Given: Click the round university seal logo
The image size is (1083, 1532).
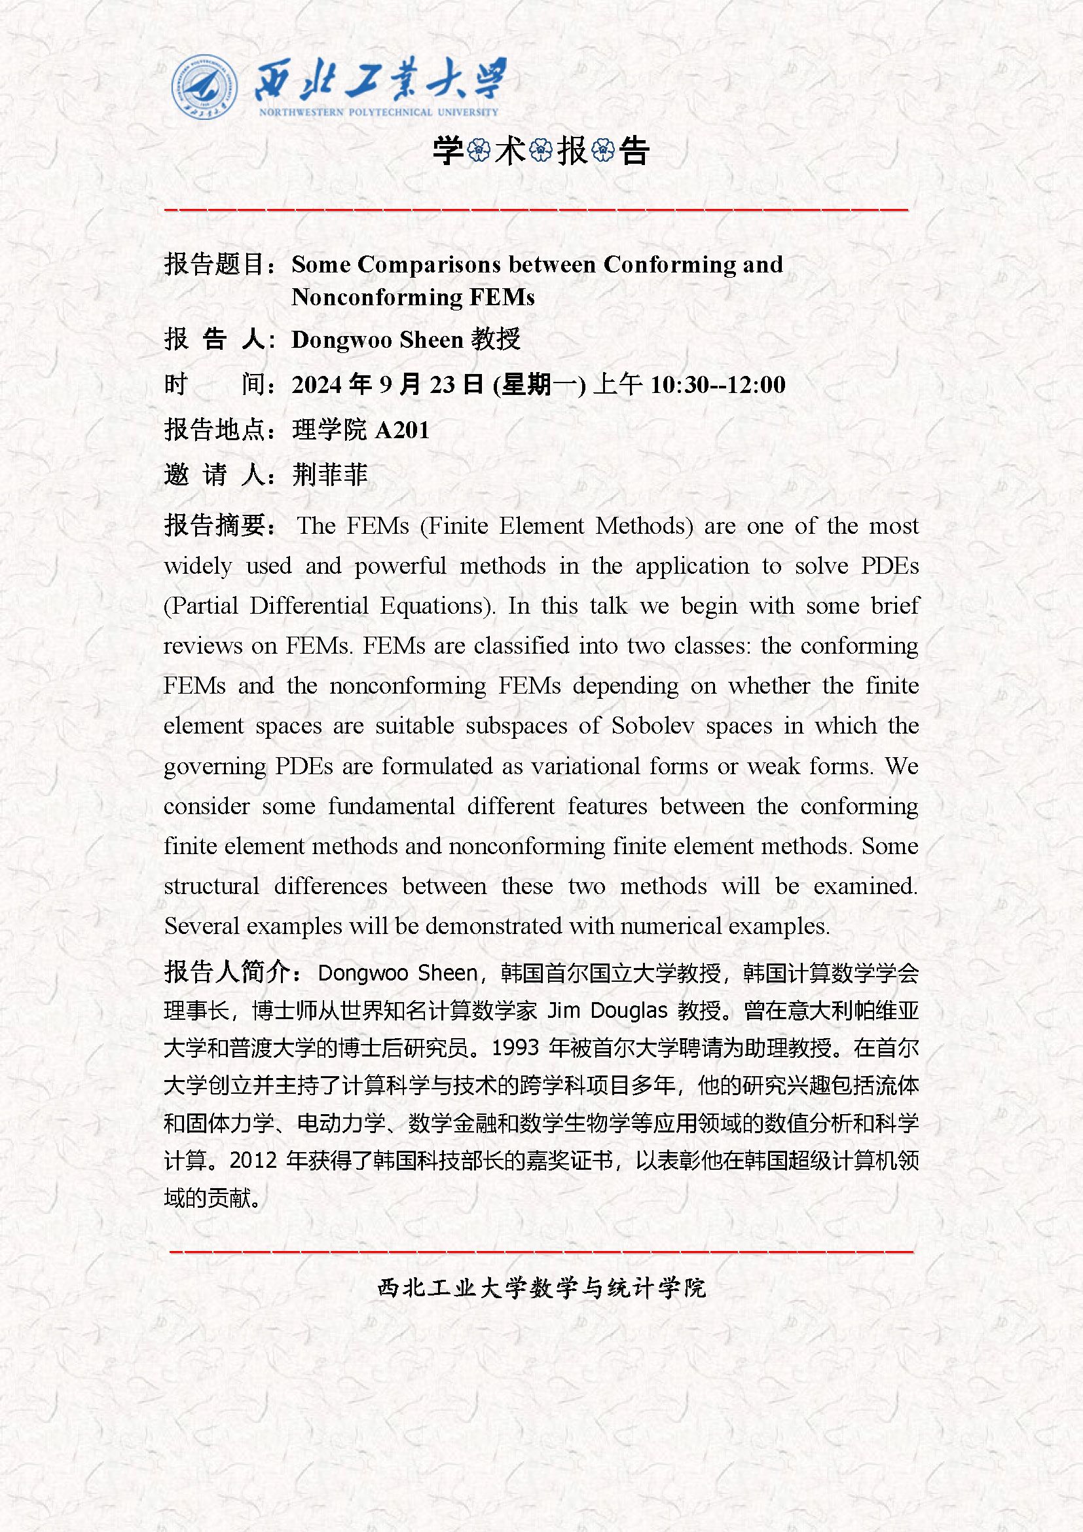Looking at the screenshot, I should pyautogui.click(x=205, y=88).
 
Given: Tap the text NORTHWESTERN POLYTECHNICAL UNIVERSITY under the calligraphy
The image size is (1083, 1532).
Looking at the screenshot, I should pyautogui.click(x=378, y=112).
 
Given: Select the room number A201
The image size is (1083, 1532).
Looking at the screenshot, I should pyautogui.click(x=402, y=430).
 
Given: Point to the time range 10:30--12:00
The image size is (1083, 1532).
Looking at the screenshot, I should pyautogui.click(x=718, y=385).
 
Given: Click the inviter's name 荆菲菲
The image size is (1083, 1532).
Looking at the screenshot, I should pyautogui.click(x=330, y=475).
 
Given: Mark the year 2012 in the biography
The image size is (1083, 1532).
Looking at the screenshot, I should pyautogui.click(x=253, y=1161).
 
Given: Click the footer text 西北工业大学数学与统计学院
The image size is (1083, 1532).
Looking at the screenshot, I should pyautogui.click(x=541, y=1287).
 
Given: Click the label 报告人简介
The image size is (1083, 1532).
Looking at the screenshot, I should pyautogui.click(x=227, y=973).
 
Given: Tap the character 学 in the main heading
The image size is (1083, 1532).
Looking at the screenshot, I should pyautogui.click(x=448, y=151).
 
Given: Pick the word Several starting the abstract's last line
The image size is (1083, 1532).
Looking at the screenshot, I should pyautogui.click(x=202, y=926).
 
